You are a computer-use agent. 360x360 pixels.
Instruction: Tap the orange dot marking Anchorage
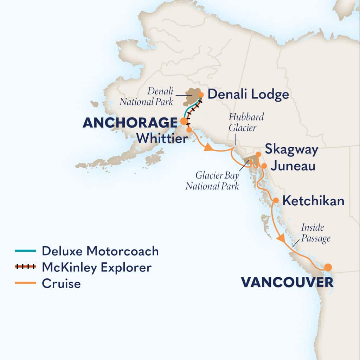click(184, 121)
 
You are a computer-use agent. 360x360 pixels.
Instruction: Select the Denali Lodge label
click(248, 94)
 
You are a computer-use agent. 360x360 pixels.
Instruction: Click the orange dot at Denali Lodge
click(201, 95)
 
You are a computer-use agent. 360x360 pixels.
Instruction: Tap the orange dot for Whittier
click(189, 130)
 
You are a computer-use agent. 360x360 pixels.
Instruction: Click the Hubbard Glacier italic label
click(243, 122)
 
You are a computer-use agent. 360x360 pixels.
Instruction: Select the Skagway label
click(291, 149)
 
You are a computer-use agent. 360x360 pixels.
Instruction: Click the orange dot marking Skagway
click(258, 154)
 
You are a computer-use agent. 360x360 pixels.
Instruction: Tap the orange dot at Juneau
click(264, 165)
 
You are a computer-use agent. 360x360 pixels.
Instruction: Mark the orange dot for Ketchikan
click(276, 200)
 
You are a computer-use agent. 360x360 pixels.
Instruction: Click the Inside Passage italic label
click(315, 233)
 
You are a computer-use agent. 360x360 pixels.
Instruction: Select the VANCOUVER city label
click(287, 282)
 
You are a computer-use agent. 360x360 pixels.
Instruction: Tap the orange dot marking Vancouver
click(328, 267)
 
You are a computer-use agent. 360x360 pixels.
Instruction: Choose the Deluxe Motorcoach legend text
click(100, 251)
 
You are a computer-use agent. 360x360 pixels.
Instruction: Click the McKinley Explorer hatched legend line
click(25, 267)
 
